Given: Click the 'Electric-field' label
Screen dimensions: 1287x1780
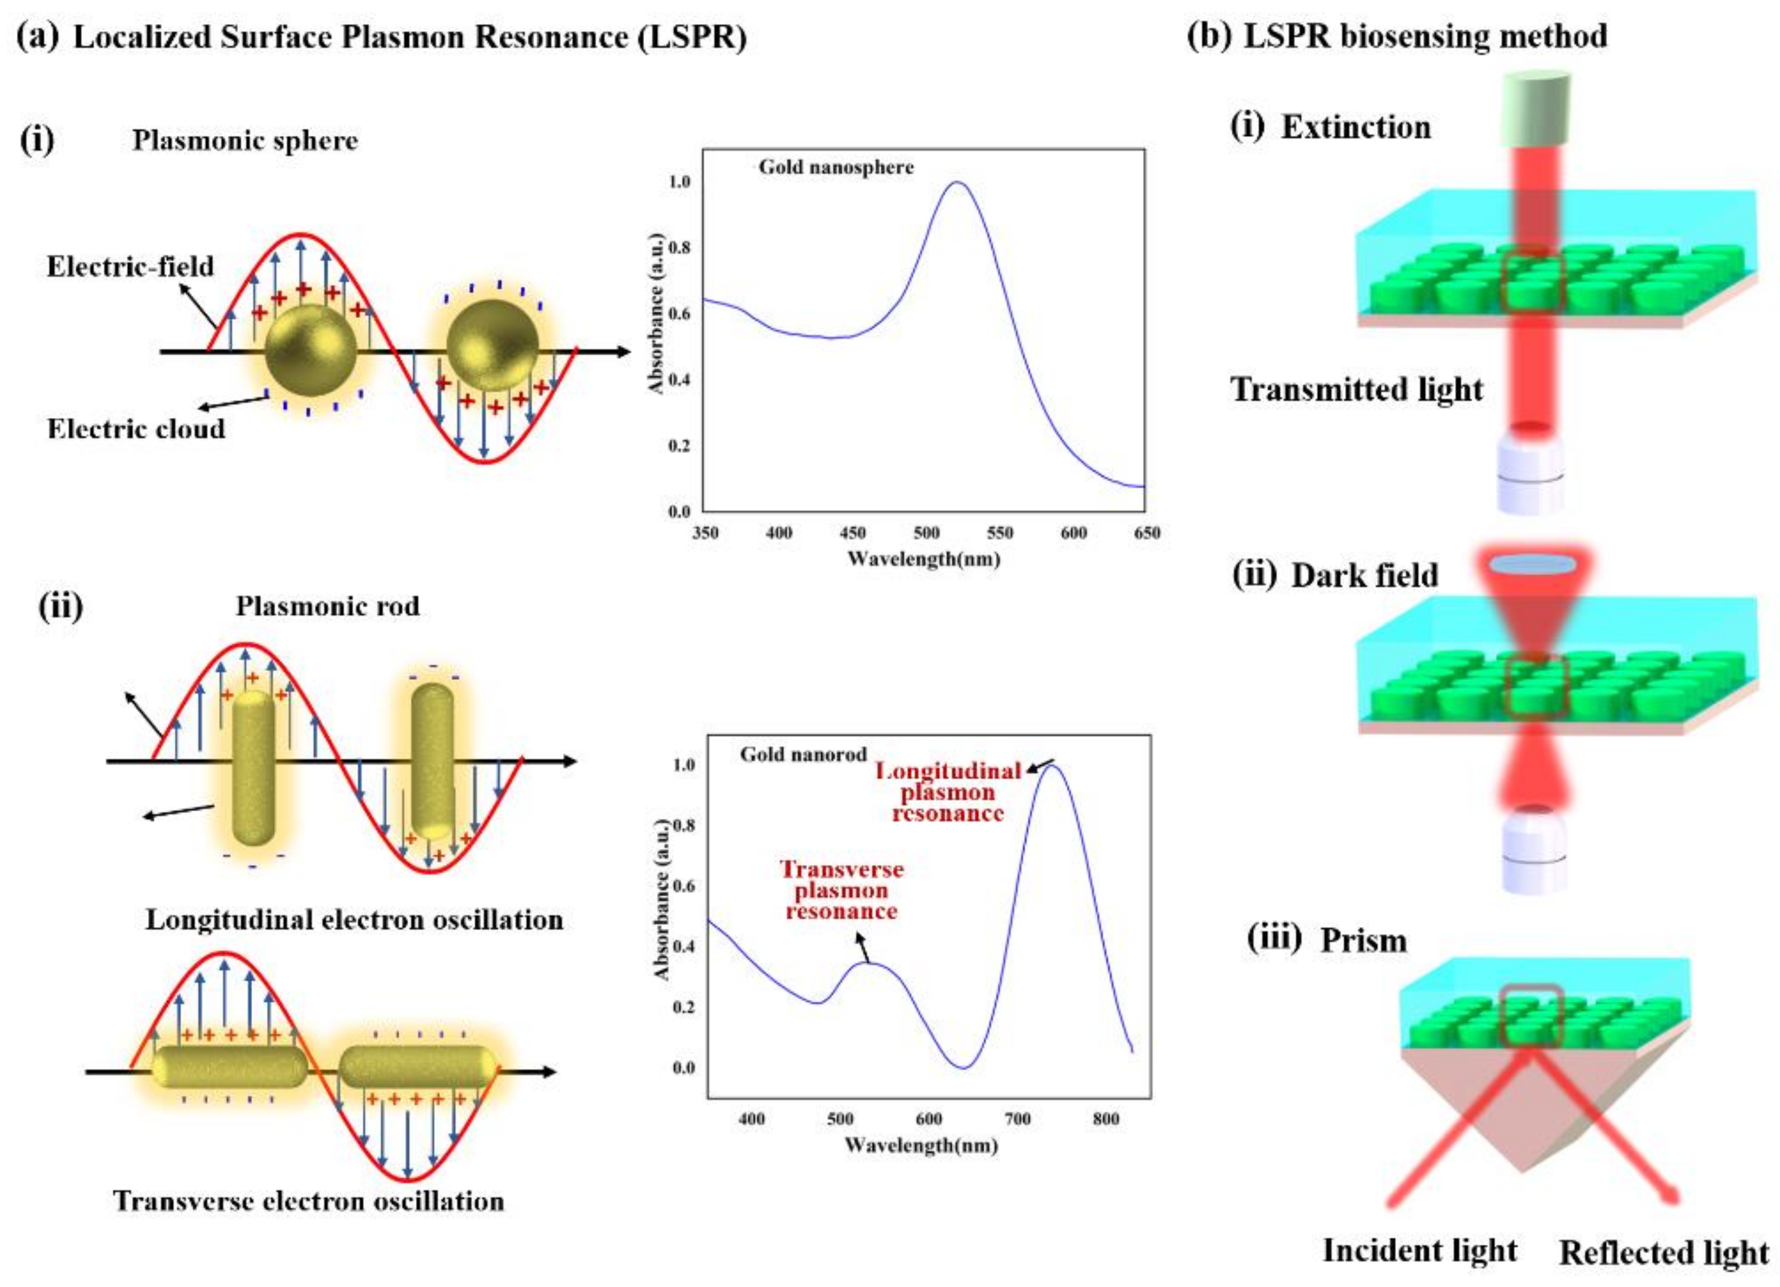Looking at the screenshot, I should (x=130, y=266).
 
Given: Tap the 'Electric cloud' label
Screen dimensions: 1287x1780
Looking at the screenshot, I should (x=136, y=428).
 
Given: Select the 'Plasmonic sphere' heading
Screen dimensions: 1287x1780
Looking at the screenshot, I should (x=245, y=140).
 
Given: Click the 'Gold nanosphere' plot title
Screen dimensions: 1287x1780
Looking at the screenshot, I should (x=835, y=167).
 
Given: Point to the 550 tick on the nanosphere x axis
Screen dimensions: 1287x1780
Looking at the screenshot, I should (x=1000, y=533).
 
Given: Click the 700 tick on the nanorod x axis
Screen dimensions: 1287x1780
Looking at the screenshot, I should (x=1017, y=1118).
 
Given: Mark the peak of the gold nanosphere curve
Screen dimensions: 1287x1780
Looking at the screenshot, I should (x=957, y=183).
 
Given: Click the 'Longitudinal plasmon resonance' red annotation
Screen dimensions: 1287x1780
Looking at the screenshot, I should (x=948, y=792).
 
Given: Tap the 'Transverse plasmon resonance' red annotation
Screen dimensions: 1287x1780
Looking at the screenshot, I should (x=842, y=890).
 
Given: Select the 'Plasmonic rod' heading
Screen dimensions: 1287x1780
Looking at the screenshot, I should (x=328, y=606).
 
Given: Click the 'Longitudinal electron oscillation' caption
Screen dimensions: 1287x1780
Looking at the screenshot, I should (x=354, y=920).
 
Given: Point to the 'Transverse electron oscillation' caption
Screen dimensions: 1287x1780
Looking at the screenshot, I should (x=309, y=1201).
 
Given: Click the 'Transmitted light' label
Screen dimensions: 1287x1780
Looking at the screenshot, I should (x=1356, y=390).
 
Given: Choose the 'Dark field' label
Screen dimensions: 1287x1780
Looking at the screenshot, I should (x=1364, y=575).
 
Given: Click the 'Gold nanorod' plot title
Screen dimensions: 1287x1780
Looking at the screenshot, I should (x=803, y=754).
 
